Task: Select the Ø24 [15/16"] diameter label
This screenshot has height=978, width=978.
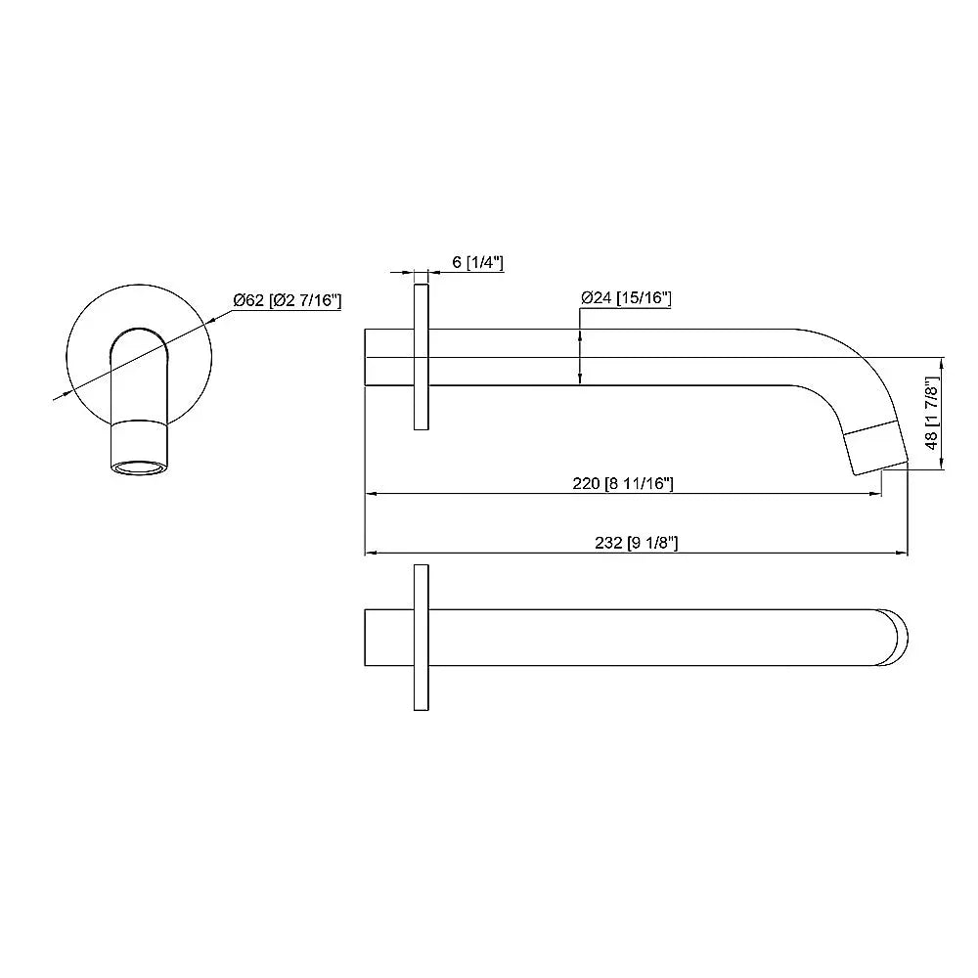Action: click(x=625, y=298)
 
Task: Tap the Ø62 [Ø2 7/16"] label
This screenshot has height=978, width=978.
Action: click(x=287, y=301)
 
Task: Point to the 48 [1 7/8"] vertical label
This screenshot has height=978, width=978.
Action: click(x=931, y=415)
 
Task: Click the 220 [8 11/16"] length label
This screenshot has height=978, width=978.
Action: click(x=622, y=483)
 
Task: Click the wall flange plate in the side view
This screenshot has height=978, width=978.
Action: click(x=421, y=357)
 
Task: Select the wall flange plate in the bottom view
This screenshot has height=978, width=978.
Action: click(x=421, y=637)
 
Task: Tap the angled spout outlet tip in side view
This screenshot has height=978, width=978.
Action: click(x=877, y=449)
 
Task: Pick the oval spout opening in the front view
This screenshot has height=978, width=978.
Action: click(x=138, y=466)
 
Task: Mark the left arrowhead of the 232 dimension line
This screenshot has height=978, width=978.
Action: click(x=370, y=555)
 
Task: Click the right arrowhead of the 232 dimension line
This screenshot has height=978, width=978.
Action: click(x=903, y=555)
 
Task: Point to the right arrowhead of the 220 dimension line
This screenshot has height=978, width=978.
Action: click(x=876, y=494)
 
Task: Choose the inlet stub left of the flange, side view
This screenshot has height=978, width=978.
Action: click(x=388, y=357)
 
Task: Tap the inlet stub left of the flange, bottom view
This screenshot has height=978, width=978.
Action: click(x=388, y=637)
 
